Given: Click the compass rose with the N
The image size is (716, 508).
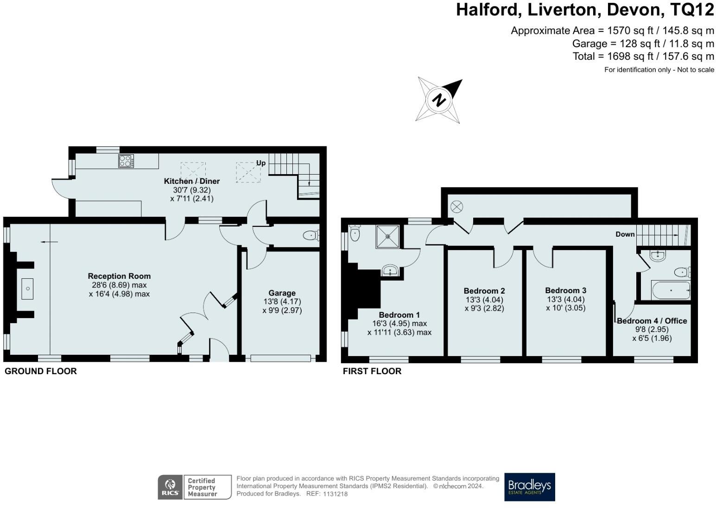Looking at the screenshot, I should point(439,100).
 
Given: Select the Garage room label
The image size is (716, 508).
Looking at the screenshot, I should point(282,293).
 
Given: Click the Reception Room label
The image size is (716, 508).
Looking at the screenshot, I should point(119,276).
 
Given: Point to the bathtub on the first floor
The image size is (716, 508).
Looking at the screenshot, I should point(671,290).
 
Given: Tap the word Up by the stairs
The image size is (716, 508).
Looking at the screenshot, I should point(261,163).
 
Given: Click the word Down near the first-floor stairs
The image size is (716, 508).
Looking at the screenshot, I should point(625,234).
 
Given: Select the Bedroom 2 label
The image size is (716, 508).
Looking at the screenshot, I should point(484,291).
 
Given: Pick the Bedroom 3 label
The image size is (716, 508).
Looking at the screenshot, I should point(565,290).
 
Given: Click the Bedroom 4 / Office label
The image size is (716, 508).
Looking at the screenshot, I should point(652,320).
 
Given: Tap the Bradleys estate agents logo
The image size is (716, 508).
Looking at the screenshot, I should point(529,487).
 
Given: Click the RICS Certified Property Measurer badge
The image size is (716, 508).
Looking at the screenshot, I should point(194,487).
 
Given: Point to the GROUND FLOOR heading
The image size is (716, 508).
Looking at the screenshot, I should point(41,371).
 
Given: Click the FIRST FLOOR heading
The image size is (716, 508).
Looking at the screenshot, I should point(372,371).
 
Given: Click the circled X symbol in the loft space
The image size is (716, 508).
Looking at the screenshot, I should point(456,207).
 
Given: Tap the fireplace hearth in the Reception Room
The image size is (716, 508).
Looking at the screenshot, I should point(28,289).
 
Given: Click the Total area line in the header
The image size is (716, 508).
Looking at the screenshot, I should point(643,56).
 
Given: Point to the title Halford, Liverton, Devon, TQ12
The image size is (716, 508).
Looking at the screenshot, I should point(585,10).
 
